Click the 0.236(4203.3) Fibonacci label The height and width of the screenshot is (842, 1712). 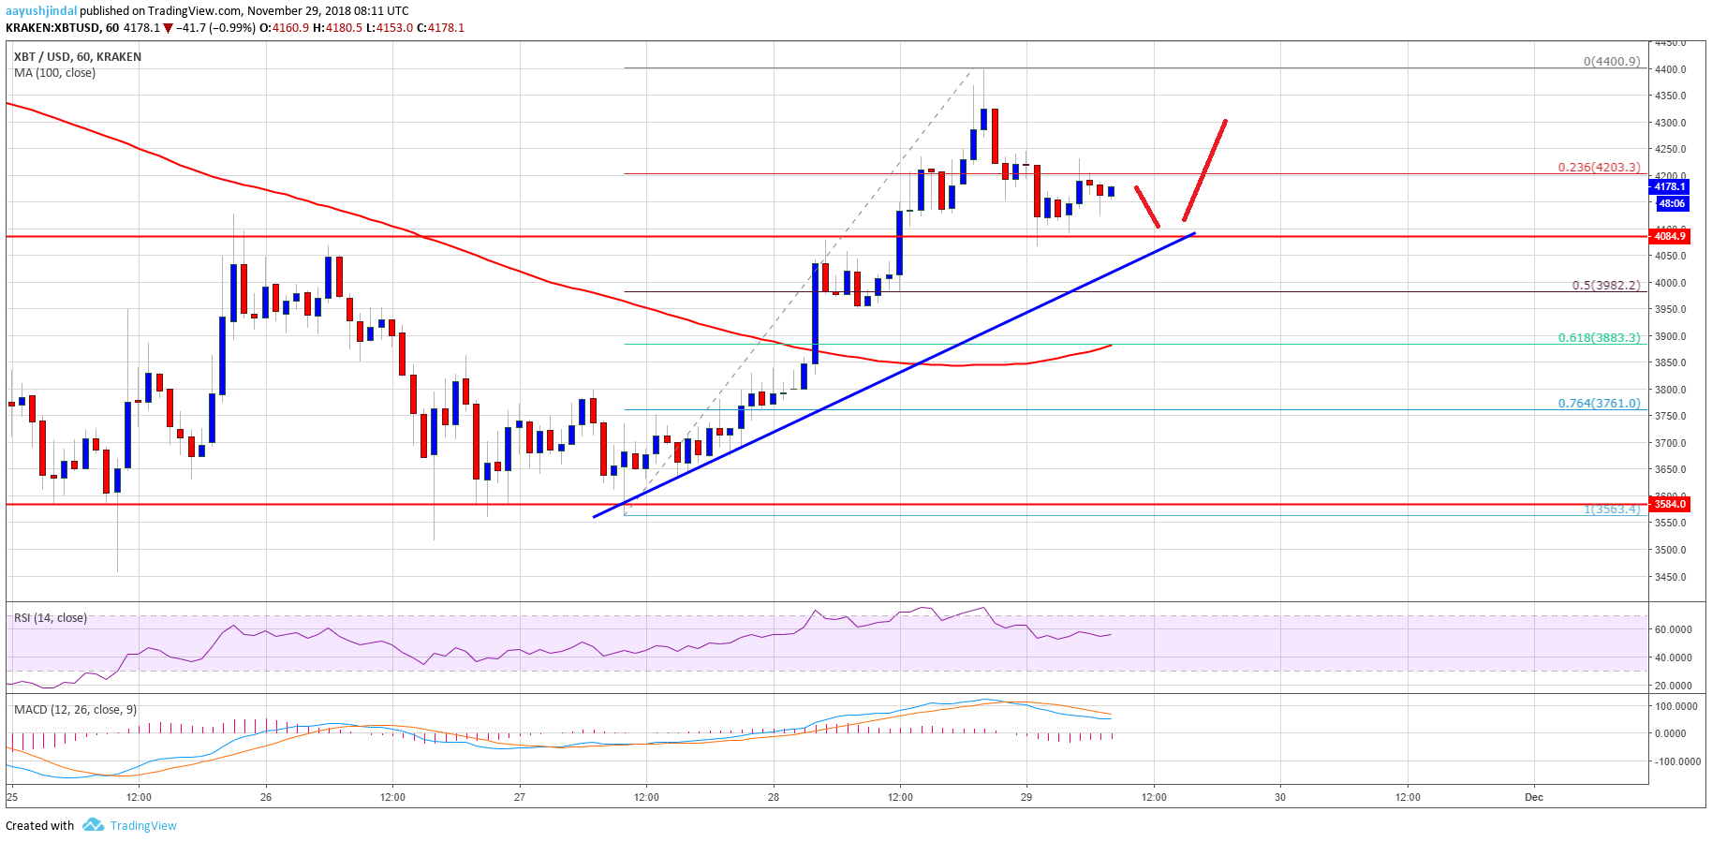pyautogui.click(x=1599, y=168)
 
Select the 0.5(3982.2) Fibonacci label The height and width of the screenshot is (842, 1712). pyautogui.click(x=1605, y=286)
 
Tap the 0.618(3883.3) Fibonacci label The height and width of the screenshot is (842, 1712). pyautogui.click(x=1599, y=338)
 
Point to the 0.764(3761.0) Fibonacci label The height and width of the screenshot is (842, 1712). pyautogui.click(x=1599, y=404)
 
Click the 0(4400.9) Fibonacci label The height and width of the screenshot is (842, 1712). pyautogui.click(x=1611, y=62)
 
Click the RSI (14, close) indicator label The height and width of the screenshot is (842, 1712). pyautogui.click(x=51, y=618)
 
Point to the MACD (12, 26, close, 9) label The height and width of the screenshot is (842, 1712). pyautogui.click(x=75, y=710)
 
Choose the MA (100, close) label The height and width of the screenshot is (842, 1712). pyautogui.click(x=54, y=73)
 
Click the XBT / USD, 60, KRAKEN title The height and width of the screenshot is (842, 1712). pyautogui.click(x=78, y=57)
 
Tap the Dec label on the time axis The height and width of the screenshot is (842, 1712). pyautogui.click(x=1533, y=798)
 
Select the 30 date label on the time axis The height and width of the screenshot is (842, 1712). pyautogui.click(x=1279, y=798)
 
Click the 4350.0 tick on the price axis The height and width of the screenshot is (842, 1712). pyautogui.click(x=1670, y=96)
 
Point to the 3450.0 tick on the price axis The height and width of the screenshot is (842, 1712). pyautogui.click(x=1670, y=577)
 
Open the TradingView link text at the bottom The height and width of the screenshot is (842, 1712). pyautogui.click(x=143, y=826)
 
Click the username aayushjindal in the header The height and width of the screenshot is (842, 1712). pyautogui.click(x=41, y=11)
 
